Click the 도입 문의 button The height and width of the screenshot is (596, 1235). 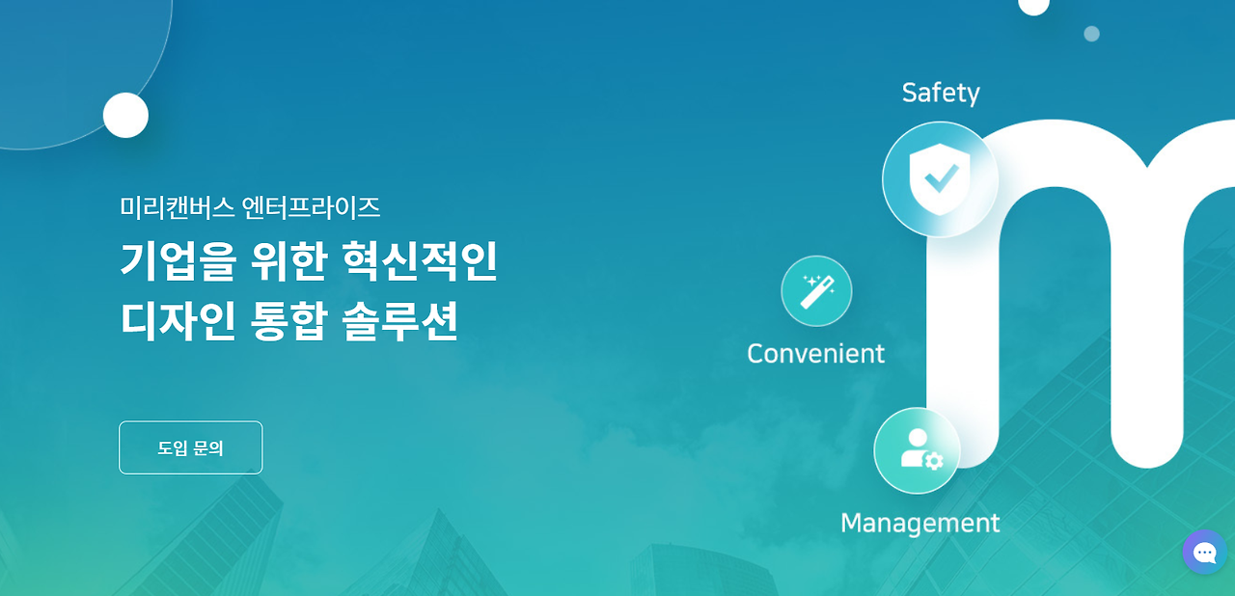tap(190, 447)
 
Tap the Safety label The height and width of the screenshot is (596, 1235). tap(941, 93)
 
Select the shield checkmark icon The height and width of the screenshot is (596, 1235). tap(940, 178)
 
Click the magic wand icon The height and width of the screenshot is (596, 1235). tap(816, 290)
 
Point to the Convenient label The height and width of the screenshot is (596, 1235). tap(815, 354)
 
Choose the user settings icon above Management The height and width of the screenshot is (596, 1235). tap(917, 450)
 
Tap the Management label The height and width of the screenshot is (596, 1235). tap(919, 523)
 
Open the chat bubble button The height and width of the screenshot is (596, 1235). tap(1204, 553)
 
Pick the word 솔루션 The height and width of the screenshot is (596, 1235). tap(399, 321)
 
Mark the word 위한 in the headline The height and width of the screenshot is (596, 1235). tap(288, 261)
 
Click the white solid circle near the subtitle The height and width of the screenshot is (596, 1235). tap(125, 116)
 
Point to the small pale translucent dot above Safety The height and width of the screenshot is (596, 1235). tap(1091, 34)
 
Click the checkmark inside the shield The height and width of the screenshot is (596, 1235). tap(941, 177)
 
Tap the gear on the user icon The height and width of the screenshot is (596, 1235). tap(933, 461)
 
